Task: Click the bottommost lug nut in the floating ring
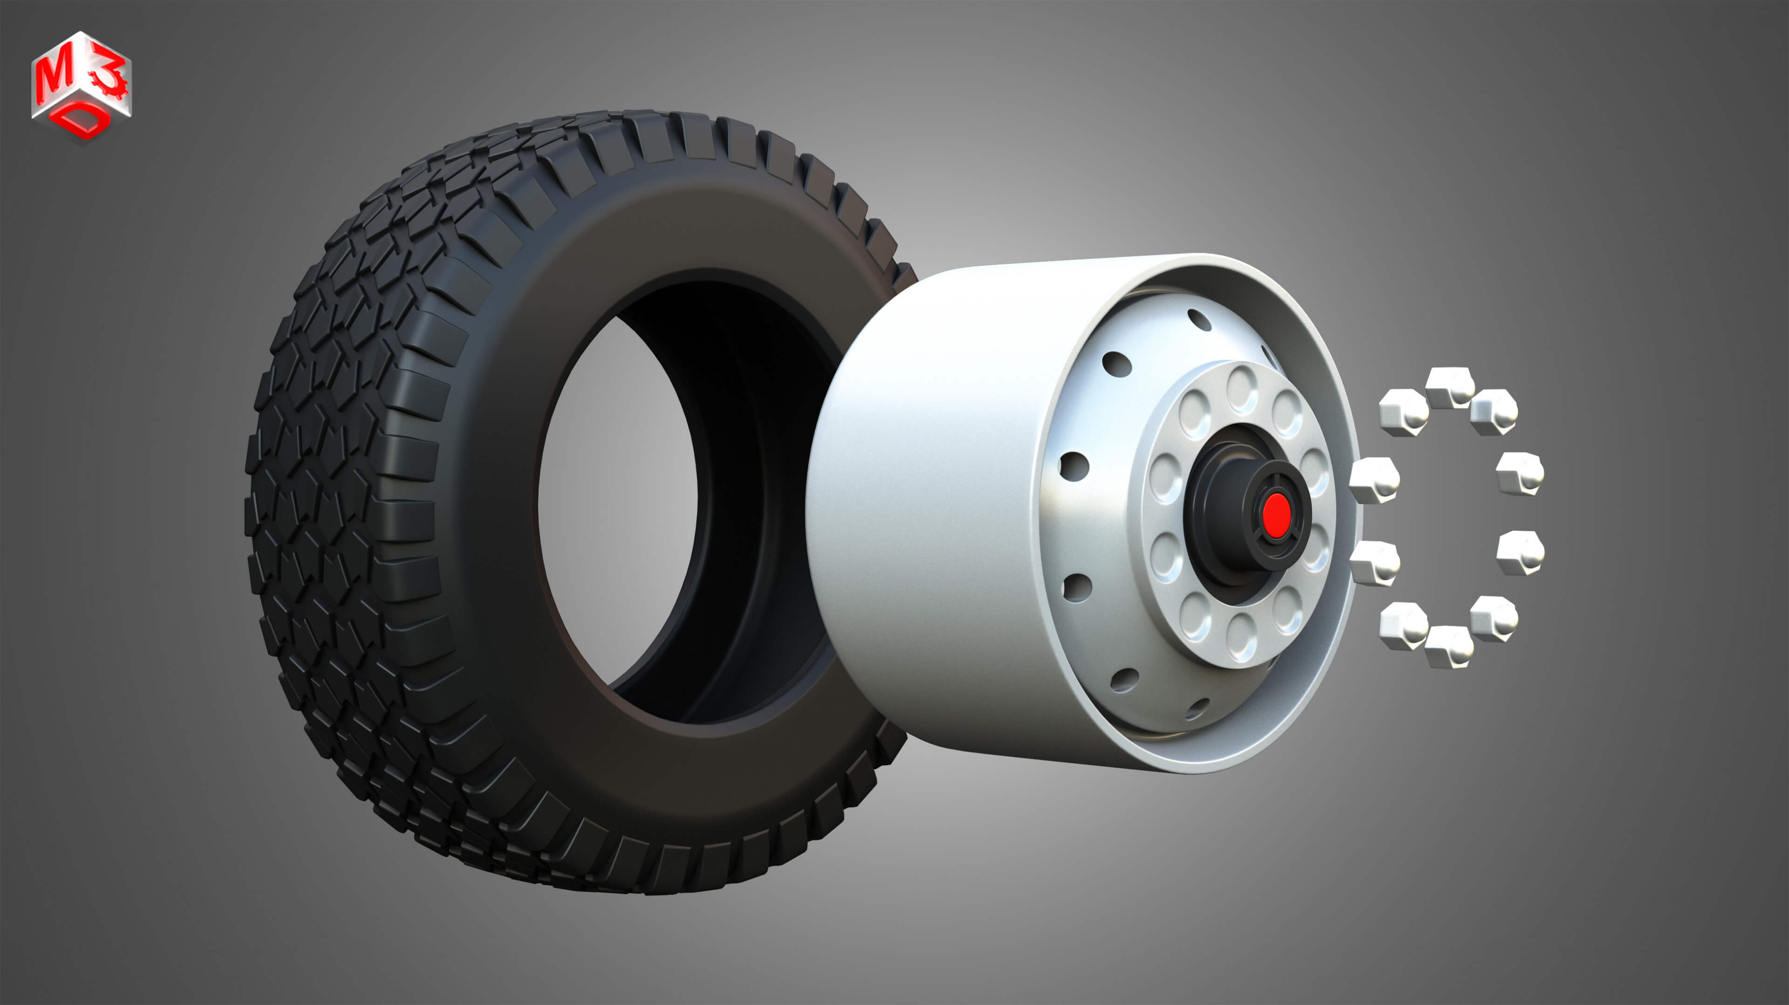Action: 1449,647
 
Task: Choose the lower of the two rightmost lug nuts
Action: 1520,553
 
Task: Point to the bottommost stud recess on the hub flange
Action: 1241,636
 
